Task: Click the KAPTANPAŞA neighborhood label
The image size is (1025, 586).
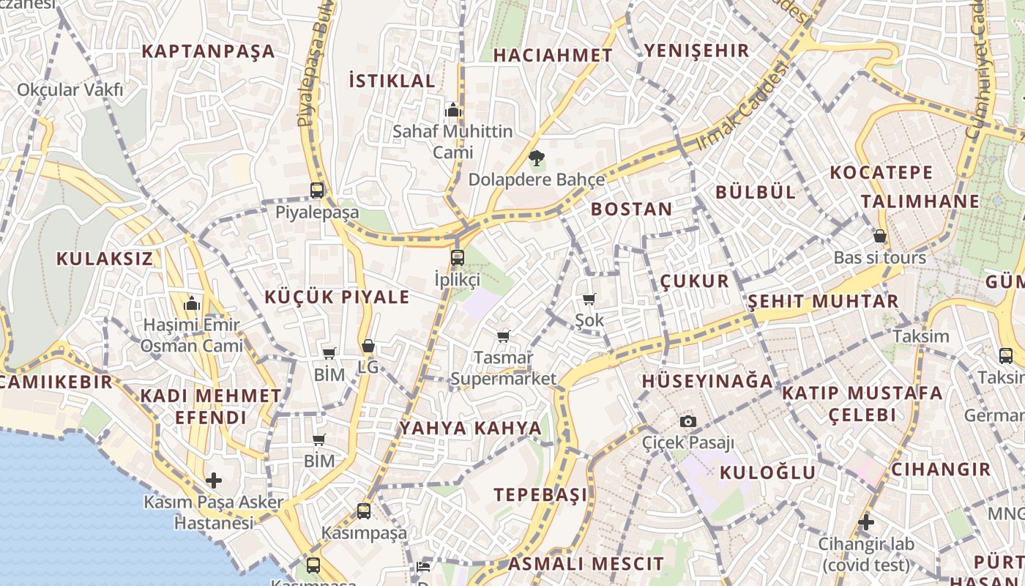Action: (x=208, y=51)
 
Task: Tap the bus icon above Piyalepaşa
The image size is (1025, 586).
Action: (x=317, y=190)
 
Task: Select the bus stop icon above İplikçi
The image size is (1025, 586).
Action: (x=458, y=257)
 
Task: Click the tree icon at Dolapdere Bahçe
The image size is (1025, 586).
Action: (x=537, y=157)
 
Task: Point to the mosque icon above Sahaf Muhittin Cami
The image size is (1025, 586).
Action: (x=452, y=110)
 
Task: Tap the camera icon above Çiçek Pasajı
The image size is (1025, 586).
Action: (x=687, y=421)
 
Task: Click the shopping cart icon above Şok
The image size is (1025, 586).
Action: (x=589, y=299)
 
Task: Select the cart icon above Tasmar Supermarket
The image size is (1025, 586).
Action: (x=503, y=336)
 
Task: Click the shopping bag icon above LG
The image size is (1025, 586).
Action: (x=368, y=346)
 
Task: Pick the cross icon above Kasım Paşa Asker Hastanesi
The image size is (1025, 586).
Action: (x=214, y=481)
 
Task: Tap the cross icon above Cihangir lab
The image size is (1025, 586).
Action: (x=866, y=522)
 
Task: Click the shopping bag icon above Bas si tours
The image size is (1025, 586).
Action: (x=880, y=236)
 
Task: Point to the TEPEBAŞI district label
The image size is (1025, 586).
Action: (x=540, y=494)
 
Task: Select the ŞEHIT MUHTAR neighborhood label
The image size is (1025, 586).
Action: (x=823, y=301)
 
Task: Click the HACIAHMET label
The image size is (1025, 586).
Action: (x=553, y=56)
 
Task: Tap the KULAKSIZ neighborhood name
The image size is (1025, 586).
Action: (x=105, y=259)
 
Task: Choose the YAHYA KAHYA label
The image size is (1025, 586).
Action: (x=471, y=428)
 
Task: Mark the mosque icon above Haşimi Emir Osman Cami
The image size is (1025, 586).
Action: (x=192, y=303)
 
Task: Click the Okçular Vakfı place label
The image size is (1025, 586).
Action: (x=70, y=90)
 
